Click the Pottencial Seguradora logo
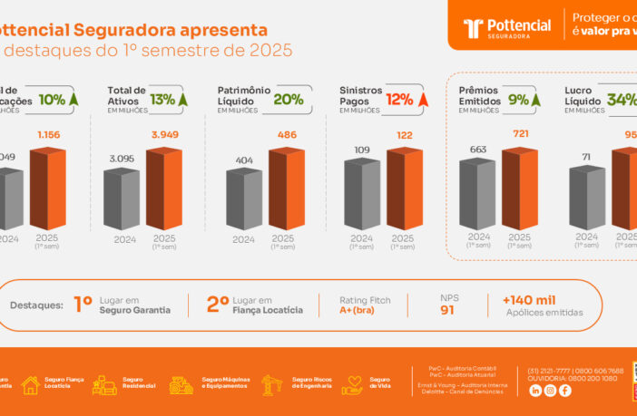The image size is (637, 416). coord(506,28)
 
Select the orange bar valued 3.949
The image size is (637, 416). coord(164,188)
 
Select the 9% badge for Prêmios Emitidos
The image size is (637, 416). coord(524,100)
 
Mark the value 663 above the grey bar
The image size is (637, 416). coord(477,150)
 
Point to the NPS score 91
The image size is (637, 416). coord(447,310)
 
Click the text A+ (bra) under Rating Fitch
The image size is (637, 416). coord(358,310)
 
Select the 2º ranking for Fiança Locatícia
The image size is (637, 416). coord(217,305)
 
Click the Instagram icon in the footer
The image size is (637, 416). coord(550,391)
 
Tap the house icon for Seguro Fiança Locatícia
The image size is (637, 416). coord(30,385)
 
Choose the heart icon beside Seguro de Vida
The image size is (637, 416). coord(352,385)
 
